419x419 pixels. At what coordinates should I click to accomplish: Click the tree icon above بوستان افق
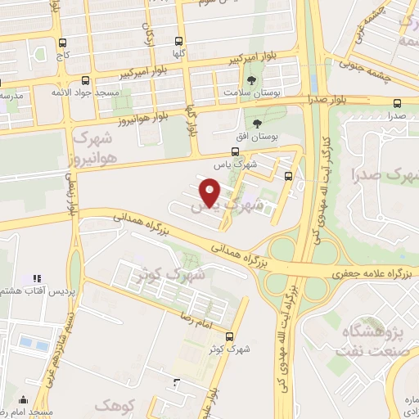click(x=258, y=123)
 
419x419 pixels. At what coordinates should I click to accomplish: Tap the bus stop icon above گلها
click(x=179, y=40)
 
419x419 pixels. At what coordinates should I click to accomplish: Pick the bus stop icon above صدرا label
click(x=397, y=103)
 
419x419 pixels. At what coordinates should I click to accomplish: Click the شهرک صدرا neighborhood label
click(x=383, y=174)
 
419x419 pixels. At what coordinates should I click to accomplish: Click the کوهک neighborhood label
click(x=112, y=404)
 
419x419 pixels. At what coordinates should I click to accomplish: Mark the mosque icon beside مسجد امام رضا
click(x=23, y=401)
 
